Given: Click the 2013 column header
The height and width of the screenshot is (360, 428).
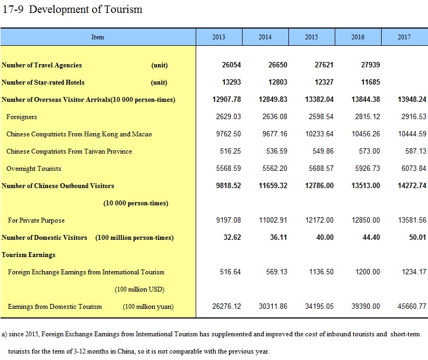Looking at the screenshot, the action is (219, 37).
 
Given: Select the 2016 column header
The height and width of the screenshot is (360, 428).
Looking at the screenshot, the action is (357, 37).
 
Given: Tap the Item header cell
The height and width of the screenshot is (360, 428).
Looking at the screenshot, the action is (98, 37).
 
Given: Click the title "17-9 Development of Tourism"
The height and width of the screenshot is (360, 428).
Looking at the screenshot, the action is (72, 9).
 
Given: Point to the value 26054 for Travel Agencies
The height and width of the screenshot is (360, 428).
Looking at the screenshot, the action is (231, 65).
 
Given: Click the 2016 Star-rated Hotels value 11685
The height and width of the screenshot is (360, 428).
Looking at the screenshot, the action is (370, 82).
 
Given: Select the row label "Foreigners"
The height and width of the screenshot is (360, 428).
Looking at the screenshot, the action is (22, 117).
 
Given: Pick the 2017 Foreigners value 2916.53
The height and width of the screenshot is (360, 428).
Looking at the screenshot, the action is (414, 116).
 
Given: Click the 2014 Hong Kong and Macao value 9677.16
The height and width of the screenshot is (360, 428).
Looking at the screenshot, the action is (275, 134).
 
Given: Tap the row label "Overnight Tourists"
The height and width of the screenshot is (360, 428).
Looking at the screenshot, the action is (34, 168).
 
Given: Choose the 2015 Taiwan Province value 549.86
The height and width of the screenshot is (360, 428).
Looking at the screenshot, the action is (323, 151).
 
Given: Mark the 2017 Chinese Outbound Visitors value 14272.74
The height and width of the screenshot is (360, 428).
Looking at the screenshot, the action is (412, 185).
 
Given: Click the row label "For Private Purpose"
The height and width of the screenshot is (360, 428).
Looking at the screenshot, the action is (36, 220).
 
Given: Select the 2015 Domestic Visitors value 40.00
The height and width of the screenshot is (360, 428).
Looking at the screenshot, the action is (325, 237).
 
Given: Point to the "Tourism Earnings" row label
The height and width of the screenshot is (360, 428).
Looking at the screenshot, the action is (29, 255).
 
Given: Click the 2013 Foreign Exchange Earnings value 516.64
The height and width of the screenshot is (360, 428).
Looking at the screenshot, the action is (230, 272).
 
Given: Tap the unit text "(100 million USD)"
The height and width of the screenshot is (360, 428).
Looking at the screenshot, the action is (140, 289).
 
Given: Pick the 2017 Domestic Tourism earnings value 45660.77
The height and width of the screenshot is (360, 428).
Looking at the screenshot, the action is (412, 306).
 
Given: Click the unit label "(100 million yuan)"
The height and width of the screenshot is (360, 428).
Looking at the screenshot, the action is (148, 307).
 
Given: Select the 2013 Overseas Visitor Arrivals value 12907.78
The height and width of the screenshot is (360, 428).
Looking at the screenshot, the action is (226, 99).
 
